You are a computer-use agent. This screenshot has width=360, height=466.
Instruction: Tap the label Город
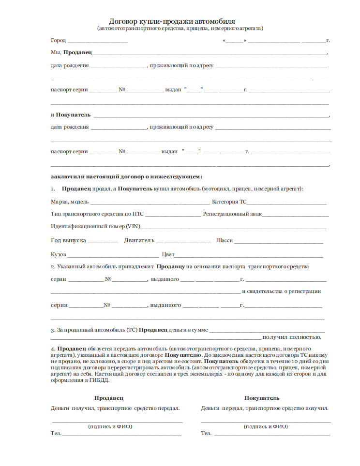click(58, 40)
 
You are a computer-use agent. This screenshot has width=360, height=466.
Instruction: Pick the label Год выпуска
click(68, 240)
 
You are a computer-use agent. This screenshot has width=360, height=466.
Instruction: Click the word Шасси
click(225, 240)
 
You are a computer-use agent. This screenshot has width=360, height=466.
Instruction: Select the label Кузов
click(59, 254)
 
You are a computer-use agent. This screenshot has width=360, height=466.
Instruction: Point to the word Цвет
click(168, 254)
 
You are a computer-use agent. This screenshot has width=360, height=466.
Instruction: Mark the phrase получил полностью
click(292, 337)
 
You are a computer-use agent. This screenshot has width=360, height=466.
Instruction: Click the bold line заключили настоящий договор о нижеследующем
click(126, 176)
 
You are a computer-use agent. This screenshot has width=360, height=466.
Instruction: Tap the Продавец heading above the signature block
click(109, 398)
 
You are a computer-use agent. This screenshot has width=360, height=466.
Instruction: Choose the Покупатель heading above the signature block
click(262, 398)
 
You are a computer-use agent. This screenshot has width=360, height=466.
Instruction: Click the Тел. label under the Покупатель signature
click(207, 433)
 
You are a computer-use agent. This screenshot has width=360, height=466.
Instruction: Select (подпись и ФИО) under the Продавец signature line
click(110, 426)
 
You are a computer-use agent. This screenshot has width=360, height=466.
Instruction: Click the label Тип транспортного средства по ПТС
click(97, 214)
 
